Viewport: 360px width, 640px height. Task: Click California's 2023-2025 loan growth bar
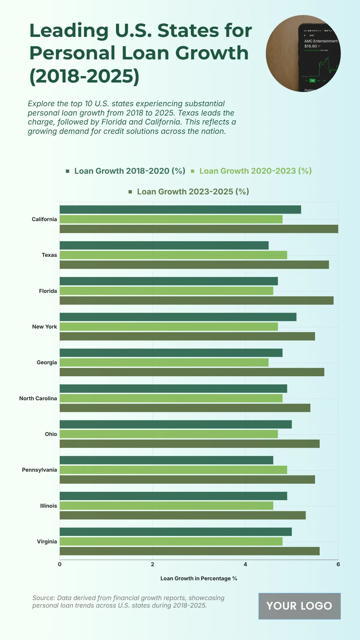pos(199,229)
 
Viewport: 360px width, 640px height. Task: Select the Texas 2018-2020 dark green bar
pos(164,245)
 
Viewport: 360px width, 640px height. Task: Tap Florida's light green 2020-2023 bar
pos(166,291)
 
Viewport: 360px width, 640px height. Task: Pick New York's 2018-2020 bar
pos(178,317)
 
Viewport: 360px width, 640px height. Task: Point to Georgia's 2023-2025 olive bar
pos(192,372)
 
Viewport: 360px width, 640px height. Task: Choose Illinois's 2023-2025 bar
pos(182,515)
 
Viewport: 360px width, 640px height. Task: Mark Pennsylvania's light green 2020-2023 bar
pos(173,470)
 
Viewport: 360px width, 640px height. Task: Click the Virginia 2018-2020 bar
pos(175,532)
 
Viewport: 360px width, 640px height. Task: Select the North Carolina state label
pos(38,398)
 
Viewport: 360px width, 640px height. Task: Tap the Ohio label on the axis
pos(51,434)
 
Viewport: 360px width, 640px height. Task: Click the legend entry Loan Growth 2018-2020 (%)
pos(130,171)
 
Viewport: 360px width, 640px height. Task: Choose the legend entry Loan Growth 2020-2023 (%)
pos(255,171)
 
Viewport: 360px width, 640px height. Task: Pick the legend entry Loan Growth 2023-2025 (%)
pos(193,192)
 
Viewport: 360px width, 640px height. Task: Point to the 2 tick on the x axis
pos(152,564)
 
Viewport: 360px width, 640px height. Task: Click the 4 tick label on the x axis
pos(245,564)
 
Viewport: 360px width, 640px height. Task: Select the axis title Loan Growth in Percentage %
pos(199,578)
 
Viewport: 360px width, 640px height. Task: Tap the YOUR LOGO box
pos(299,606)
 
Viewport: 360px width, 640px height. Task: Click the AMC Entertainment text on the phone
pos(321,41)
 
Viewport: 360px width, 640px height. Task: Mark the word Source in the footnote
pos(43,598)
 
